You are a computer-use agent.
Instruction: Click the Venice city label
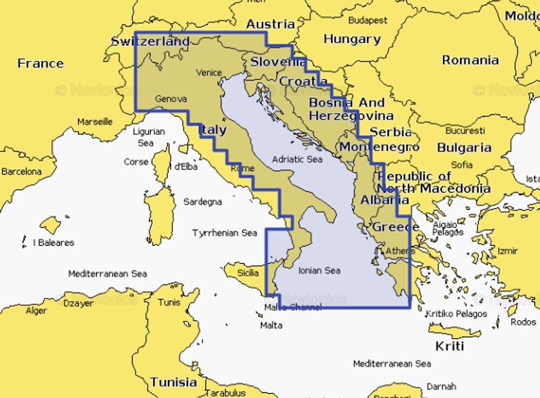209,72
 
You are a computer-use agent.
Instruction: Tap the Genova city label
171,99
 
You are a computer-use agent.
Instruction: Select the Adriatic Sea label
297,160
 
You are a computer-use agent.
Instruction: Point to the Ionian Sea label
319,270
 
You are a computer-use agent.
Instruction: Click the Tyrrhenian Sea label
225,233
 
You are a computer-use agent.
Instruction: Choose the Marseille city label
94,122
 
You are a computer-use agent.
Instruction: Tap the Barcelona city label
21,171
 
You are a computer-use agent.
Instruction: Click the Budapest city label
368,20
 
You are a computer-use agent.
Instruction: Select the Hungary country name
352,39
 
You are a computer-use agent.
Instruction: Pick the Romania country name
470,60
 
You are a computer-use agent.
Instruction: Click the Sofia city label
462,164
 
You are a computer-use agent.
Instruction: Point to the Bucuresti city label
465,130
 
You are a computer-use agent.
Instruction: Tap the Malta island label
271,326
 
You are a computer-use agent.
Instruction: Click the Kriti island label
450,346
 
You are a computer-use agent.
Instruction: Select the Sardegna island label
202,202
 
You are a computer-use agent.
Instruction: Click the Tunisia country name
174,382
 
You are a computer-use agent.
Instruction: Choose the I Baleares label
53,243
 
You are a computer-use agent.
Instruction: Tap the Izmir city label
508,251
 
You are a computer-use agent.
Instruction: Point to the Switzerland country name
150,41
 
